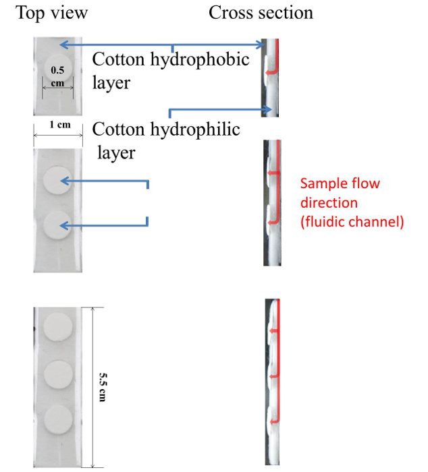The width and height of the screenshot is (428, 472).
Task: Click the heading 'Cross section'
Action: click(x=261, y=13)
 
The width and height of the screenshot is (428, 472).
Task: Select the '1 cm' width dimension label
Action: click(x=59, y=125)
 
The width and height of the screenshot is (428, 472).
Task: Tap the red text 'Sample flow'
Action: click(x=340, y=183)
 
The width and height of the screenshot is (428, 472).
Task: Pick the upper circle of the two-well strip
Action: click(x=57, y=181)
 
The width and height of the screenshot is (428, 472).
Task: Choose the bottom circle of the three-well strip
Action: click(x=57, y=419)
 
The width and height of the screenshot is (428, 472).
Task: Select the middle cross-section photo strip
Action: click(x=271, y=202)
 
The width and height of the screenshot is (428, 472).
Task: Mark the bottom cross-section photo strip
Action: click(x=272, y=381)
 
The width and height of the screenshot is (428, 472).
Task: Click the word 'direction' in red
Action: click(x=329, y=202)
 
